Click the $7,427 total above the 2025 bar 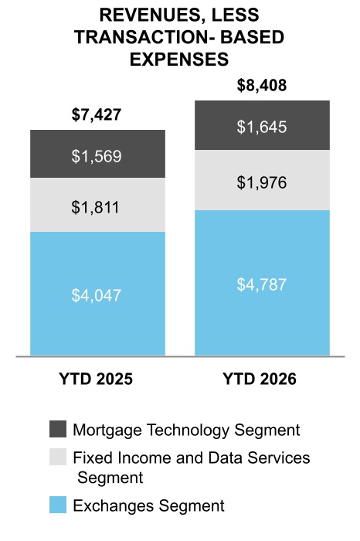click(x=97, y=114)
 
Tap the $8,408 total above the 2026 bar click(x=262, y=85)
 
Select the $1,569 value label click(x=97, y=156)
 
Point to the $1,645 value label click(x=262, y=127)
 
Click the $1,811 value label click(x=96, y=207)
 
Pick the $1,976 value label click(x=262, y=182)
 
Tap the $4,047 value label click(x=97, y=295)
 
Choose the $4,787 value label click(x=262, y=284)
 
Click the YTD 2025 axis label click(x=96, y=379)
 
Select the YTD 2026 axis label click(x=260, y=379)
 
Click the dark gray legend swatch click(x=58, y=429)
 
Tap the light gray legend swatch click(x=58, y=457)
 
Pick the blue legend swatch click(x=58, y=505)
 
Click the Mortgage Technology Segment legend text click(x=186, y=430)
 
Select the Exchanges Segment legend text click(x=148, y=506)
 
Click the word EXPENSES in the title click(x=179, y=60)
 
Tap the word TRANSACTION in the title click(x=141, y=37)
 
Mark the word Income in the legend click(x=144, y=458)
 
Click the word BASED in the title click(x=252, y=37)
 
